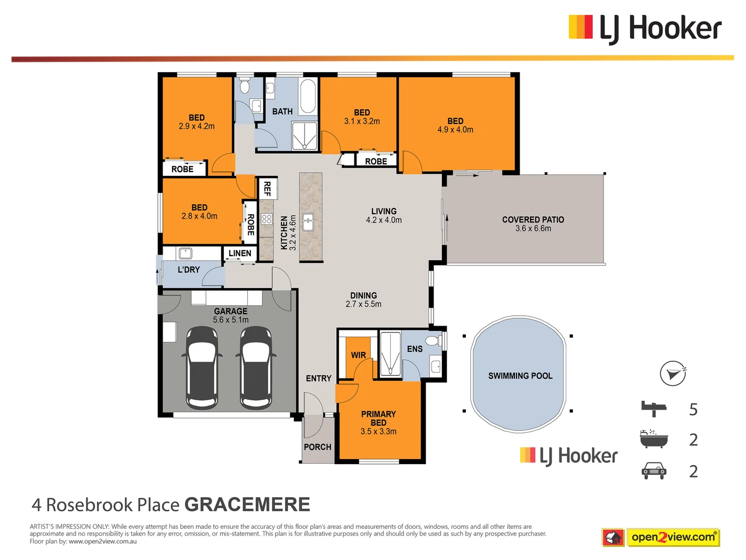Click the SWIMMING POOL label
[520, 376]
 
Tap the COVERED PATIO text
[533, 220]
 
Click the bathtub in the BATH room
[308, 96]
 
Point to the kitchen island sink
[308, 222]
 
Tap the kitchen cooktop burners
[267, 219]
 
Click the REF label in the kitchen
[267, 188]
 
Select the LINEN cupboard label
[240, 254]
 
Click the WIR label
[358, 355]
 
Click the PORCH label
[318, 447]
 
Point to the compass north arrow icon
[673, 373]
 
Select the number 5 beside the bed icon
[693, 410]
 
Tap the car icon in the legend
[654, 471]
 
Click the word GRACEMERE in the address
[247, 505]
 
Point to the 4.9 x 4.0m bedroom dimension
[455, 130]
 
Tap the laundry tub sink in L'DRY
[185, 254]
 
